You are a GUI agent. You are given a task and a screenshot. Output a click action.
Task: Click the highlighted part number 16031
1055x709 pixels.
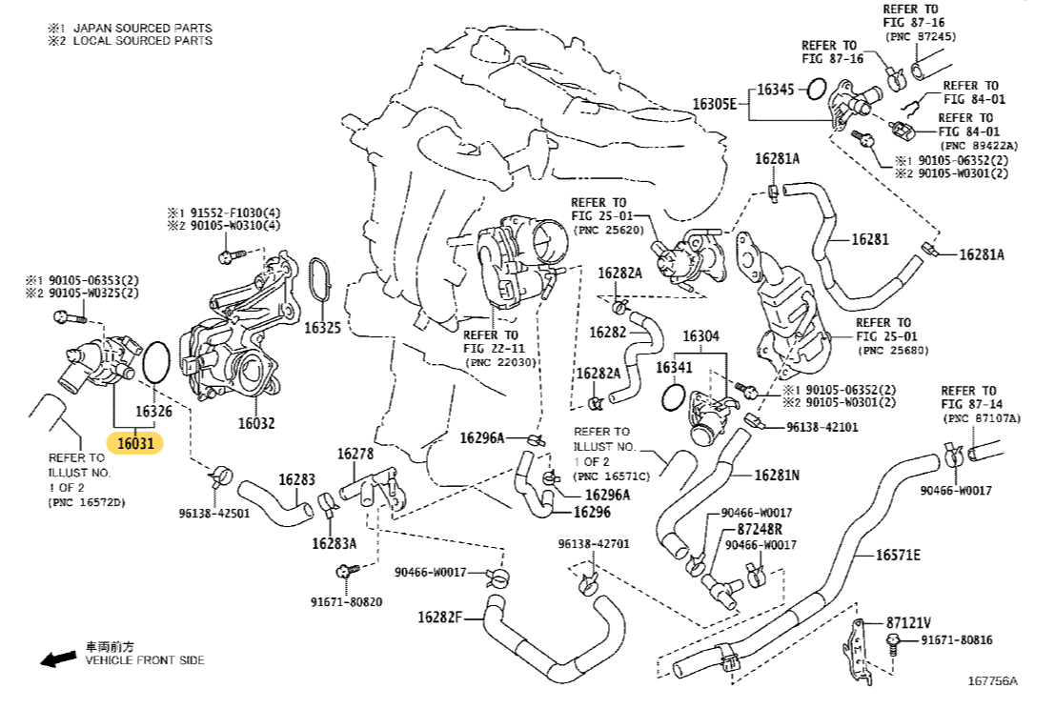(x=134, y=443)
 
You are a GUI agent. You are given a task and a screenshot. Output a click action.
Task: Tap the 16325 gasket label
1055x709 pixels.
(x=322, y=328)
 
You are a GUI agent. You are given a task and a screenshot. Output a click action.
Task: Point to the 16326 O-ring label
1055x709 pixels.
(x=152, y=412)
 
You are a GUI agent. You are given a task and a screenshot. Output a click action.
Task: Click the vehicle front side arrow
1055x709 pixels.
(x=58, y=658)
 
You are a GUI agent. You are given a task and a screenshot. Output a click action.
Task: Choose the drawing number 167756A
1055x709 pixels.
(x=992, y=680)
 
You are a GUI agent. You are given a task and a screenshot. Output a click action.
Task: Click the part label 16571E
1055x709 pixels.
(x=898, y=555)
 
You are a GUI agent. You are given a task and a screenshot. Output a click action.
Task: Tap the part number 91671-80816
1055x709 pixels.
(x=956, y=640)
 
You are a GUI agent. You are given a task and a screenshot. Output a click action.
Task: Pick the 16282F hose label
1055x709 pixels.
(x=439, y=617)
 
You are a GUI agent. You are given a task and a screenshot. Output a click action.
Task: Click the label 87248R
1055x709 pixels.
(x=759, y=529)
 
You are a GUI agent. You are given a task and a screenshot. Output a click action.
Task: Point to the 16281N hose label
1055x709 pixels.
(x=777, y=475)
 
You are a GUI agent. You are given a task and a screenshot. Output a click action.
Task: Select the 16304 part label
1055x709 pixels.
(x=700, y=336)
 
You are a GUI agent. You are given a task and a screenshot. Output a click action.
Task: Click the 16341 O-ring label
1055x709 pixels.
(x=675, y=367)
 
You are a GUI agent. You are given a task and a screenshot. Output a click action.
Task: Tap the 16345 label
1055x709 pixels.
(x=775, y=90)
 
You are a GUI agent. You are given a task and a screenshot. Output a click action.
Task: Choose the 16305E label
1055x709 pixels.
(x=715, y=104)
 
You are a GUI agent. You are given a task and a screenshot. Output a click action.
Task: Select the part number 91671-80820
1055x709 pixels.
(x=345, y=601)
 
